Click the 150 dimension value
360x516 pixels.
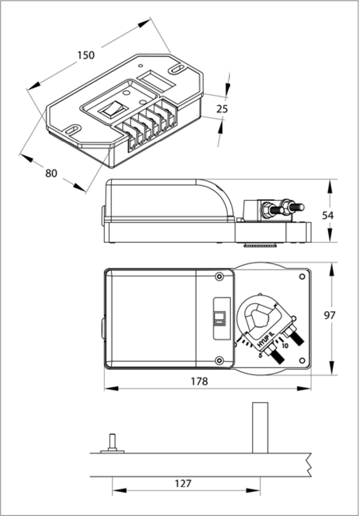click(86, 55)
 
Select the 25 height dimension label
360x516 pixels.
click(222, 109)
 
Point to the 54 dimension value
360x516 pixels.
click(327, 215)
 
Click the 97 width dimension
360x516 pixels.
click(330, 316)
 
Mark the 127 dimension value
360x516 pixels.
click(183, 484)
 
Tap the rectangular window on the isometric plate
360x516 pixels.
click(156, 80)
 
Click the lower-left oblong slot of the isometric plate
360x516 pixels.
click(73, 129)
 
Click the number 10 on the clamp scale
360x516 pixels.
click(285, 345)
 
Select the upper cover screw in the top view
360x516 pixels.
click(219, 276)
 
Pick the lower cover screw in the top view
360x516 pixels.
click(219, 360)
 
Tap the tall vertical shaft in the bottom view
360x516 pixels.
click(259, 428)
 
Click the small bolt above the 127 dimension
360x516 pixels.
click(112, 442)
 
